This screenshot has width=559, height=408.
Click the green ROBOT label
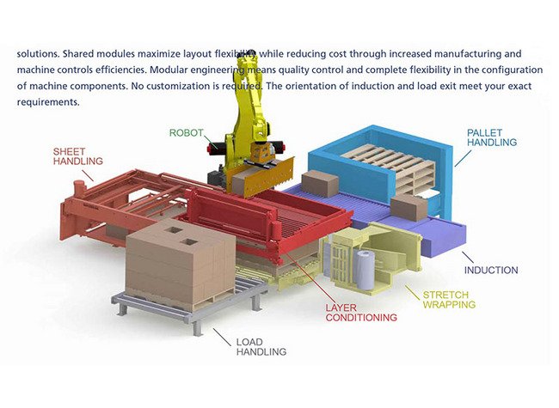(x=186, y=133)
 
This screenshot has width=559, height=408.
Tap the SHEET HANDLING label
(x=77, y=156)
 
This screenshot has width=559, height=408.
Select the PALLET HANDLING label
(x=492, y=137)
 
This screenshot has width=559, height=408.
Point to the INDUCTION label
(x=491, y=271)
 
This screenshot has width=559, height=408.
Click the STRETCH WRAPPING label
(x=449, y=300)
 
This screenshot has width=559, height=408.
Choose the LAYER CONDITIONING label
(x=361, y=313)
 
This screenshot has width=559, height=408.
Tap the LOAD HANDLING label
(x=261, y=347)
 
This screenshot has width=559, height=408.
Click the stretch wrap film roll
(x=364, y=269)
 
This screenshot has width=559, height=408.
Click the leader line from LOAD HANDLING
(x=222, y=338)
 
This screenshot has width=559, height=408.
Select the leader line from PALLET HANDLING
(x=463, y=158)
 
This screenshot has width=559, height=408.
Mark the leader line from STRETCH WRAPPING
(x=412, y=292)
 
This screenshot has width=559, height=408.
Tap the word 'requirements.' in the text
(x=48, y=102)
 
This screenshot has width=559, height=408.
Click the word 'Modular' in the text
(x=168, y=70)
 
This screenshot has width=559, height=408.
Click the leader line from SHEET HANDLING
(x=88, y=175)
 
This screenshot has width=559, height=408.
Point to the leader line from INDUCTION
(x=467, y=258)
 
